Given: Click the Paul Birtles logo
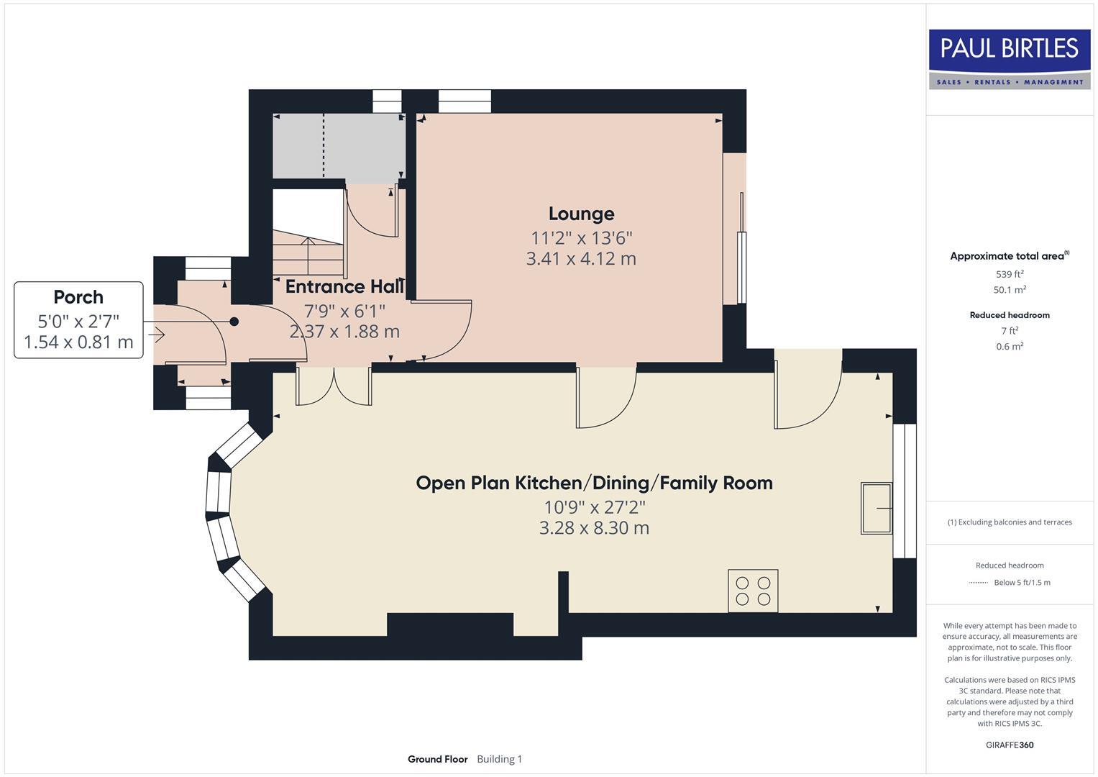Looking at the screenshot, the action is coord(1010,59).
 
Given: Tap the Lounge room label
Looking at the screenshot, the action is coord(581,214).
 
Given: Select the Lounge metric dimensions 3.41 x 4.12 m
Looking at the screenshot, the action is coord(581,258).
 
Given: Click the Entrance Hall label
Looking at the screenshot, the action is coord(344,286).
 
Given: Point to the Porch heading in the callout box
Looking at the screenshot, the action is coord(78,296).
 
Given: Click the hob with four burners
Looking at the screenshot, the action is coord(753,591).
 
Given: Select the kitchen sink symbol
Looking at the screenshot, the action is coord(877,508).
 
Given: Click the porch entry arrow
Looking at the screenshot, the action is coord(156,335).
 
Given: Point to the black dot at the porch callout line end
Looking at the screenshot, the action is coord(234,322).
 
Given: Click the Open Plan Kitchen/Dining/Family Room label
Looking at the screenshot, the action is coord(594,483).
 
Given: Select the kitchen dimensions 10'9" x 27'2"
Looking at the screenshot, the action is coord(595,506).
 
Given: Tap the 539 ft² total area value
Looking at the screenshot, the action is coord(1010,273).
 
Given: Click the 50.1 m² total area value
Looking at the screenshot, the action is coord(1010,289).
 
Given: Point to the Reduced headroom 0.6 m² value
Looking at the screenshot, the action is coord(1010,346).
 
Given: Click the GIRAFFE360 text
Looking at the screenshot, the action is coord(1010,745).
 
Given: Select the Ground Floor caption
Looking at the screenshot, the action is coord(438,759).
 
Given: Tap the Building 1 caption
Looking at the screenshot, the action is coord(500,759).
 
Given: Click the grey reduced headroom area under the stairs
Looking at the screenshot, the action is coord(339,146).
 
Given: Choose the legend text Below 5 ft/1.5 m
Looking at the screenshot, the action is coord(1022,582).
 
